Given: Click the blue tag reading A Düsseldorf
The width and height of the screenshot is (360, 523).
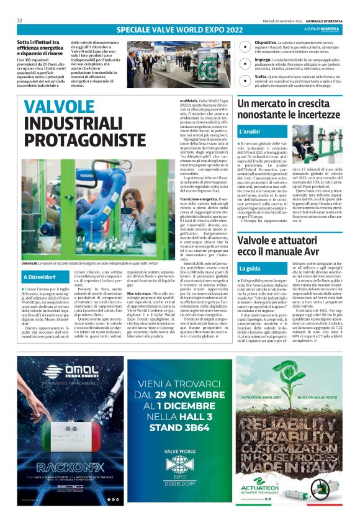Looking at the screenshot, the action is tap(40, 277).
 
